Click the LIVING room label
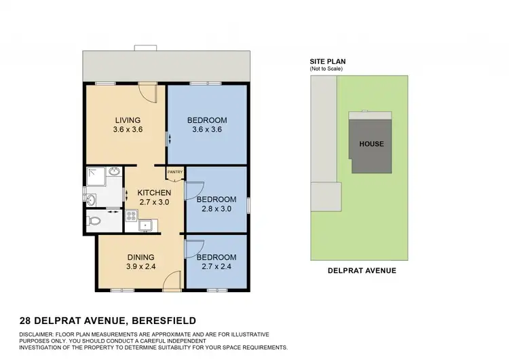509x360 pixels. coord(128,120)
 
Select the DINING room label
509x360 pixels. coord(141,257)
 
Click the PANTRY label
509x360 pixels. coord(175,172)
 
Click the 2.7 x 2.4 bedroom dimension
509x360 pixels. coord(216,267)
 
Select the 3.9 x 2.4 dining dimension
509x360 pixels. coord(141,267)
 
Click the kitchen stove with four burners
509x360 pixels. coord(131,217)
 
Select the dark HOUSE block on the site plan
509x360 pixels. coord(371,143)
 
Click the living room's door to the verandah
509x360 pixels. coord(147,92)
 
